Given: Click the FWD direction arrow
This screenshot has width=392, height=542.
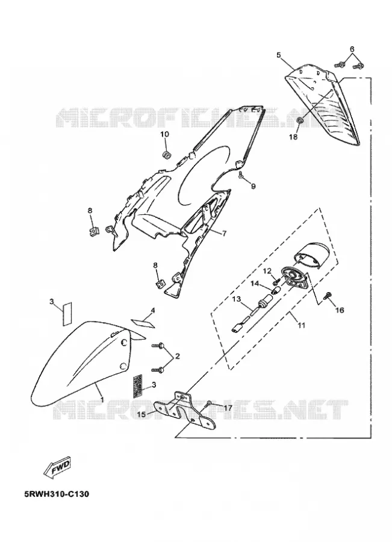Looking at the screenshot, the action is pyautogui.click(x=57, y=469).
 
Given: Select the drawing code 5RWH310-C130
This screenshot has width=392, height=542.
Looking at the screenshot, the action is pyautogui.click(x=57, y=494).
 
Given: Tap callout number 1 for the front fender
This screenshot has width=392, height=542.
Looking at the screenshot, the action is pyautogui.click(x=102, y=399).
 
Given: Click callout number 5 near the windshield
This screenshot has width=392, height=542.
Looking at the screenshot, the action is pyautogui.click(x=279, y=55).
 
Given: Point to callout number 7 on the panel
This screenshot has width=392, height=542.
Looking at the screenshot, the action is pyautogui.click(x=225, y=233).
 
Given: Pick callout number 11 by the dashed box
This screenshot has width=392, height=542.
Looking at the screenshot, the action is pyautogui.click(x=302, y=325).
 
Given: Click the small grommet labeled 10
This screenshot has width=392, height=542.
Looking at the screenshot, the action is pyautogui.click(x=167, y=155).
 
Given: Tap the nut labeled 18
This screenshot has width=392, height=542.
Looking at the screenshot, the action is pyautogui.click(x=300, y=120).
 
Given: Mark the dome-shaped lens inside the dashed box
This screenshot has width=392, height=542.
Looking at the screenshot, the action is pyautogui.click(x=313, y=254).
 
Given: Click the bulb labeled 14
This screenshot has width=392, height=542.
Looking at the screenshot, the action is pyautogui.click(x=276, y=290).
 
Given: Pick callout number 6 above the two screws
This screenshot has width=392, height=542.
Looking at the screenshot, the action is pyautogui.click(x=352, y=49).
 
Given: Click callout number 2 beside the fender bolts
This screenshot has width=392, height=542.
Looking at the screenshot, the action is pyautogui.click(x=178, y=356).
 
